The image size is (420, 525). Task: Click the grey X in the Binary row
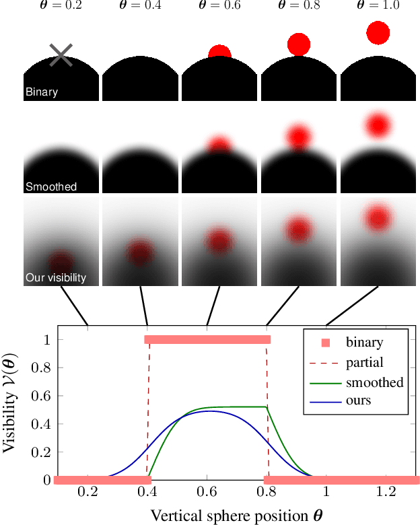point(61,55)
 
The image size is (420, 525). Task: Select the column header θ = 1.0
point(378,6)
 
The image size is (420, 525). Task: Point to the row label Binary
point(42,92)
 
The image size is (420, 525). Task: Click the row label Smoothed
point(50,186)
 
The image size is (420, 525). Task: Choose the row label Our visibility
point(56,277)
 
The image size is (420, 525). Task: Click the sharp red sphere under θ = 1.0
point(378,32)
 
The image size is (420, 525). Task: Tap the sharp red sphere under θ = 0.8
point(298,44)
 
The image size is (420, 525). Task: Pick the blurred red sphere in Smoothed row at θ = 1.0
point(378,125)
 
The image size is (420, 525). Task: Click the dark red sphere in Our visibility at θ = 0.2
point(61,262)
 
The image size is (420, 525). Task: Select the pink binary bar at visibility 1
point(207,340)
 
